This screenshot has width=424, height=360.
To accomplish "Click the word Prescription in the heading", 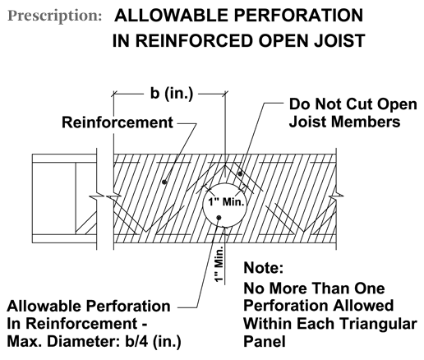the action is pyautogui.click(x=54, y=16).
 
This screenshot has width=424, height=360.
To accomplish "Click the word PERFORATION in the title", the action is pyautogui.click(x=298, y=16).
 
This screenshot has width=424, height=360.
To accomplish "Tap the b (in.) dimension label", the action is pyautogui.click(x=172, y=93).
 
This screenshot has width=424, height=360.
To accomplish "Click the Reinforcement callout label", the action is pyautogui.click(x=118, y=122).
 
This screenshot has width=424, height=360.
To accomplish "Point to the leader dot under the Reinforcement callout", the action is pyautogui.click(x=164, y=182).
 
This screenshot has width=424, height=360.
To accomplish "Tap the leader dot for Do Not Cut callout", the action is pyautogui.click(x=240, y=173).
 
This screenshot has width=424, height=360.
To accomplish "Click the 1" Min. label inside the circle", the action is pyautogui.click(x=226, y=202).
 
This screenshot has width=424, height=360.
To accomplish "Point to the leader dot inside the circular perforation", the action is pyautogui.click(x=219, y=218).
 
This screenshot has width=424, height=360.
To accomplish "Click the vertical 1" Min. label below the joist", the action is pyautogui.click(x=219, y=264).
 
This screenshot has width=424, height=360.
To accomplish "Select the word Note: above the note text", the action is pyautogui.click(x=263, y=267).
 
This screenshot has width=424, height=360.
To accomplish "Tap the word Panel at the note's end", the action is pyautogui.click(x=265, y=341).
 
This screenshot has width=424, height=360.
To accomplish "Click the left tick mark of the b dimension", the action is pyautogui.click(x=113, y=94).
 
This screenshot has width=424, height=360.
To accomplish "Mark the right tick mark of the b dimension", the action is pyautogui.click(x=225, y=94).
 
